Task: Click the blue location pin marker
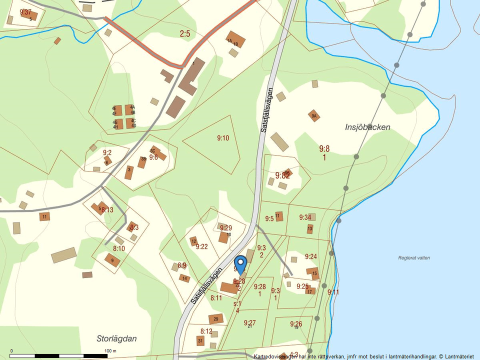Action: point(240,264)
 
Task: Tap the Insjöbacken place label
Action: point(367,127)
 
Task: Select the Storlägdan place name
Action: point(116,338)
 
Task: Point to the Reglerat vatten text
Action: point(414,258)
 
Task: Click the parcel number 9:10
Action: point(223,138)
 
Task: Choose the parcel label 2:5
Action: point(185,33)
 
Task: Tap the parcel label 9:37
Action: point(25,12)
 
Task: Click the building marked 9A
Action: point(314,116)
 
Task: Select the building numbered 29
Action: point(216,318)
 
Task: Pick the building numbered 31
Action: point(200,341)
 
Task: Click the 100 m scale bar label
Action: point(110,351)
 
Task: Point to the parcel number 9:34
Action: point(305,217)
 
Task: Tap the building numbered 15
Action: point(313,273)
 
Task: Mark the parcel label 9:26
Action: point(296,324)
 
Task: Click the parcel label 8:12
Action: point(206,331)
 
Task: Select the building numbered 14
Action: point(184,278)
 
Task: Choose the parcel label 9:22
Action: point(201,246)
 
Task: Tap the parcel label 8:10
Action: point(119,248)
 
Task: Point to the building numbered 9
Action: point(112,260)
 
